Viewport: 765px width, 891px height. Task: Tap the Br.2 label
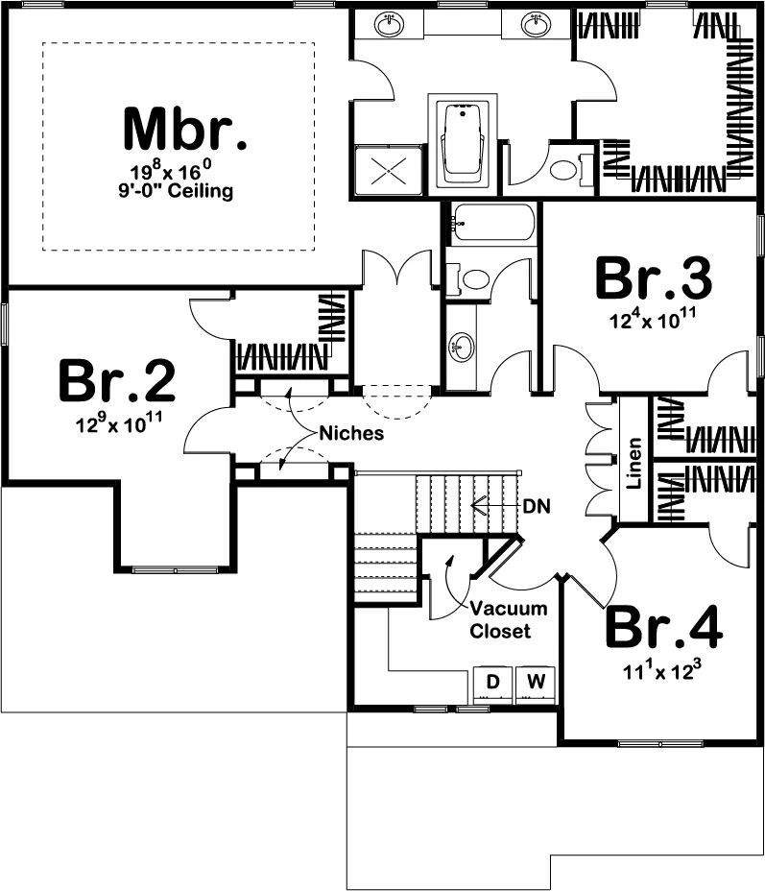coord(117,380)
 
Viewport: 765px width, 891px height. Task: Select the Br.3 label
coord(654,278)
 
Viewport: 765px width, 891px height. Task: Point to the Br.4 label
coord(664,627)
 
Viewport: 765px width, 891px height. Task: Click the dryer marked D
coord(493,685)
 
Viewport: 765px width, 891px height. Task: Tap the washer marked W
coord(536,685)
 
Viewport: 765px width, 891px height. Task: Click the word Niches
coord(351,434)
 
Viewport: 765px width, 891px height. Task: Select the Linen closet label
coord(634,464)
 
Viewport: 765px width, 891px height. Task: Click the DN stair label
coord(537,506)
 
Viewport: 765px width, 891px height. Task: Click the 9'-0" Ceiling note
coord(176,190)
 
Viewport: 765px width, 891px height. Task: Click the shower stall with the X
coord(389,170)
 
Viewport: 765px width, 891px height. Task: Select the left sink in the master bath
coord(390,24)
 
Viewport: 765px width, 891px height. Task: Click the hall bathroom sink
coord(462,346)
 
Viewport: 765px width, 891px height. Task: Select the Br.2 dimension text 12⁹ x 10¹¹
coord(119,422)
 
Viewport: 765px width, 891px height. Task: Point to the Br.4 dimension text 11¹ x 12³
coord(662,670)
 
